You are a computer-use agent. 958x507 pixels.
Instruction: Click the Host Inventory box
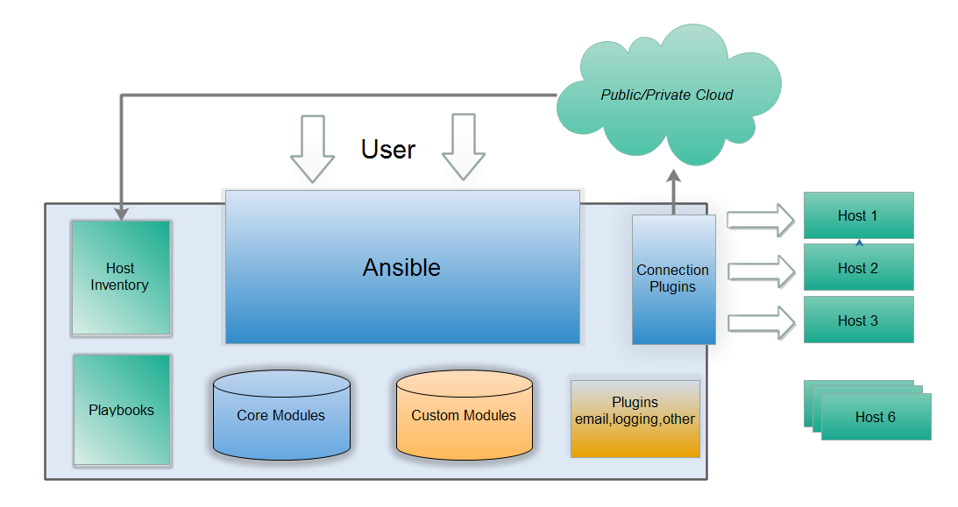(x=120, y=277)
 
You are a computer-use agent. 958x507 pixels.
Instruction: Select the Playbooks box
(x=122, y=410)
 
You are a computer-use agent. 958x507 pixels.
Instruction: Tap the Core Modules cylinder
(x=280, y=415)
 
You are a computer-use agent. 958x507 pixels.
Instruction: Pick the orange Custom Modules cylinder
(x=464, y=415)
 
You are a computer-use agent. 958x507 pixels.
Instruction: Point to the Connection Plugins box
(x=673, y=278)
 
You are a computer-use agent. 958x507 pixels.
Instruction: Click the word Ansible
(x=401, y=267)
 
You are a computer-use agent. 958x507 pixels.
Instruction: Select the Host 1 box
(x=858, y=215)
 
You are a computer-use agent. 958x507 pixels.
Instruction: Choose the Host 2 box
(x=858, y=268)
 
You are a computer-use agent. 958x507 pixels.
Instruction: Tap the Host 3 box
(x=858, y=320)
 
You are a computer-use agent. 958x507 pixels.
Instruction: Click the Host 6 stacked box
(x=875, y=417)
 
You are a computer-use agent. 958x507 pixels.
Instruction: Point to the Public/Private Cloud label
(x=667, y=95)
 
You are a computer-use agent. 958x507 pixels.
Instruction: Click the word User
(x=388, y=150)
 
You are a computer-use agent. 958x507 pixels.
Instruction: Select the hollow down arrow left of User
(x=312, y=148)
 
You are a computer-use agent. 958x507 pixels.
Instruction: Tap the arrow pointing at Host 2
(x=760, y=270)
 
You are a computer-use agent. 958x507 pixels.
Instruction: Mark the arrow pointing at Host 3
(x=760, y=322)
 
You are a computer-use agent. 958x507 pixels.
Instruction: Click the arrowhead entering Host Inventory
(x=121, y=213)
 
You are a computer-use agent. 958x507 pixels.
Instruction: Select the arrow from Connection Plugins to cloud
(x=673, y=191)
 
